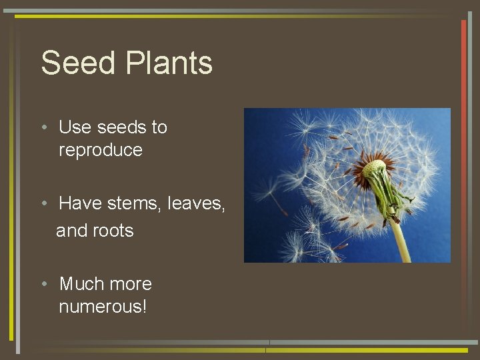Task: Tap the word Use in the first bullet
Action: pos(75,127)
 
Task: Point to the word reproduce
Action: pos(100,150)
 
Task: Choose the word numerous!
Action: pos(103,307)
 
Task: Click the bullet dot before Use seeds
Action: pos(43,127)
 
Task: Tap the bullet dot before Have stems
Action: pos(43,203)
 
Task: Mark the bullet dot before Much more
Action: pos(43,285)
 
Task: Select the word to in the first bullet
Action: pos(159,127)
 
